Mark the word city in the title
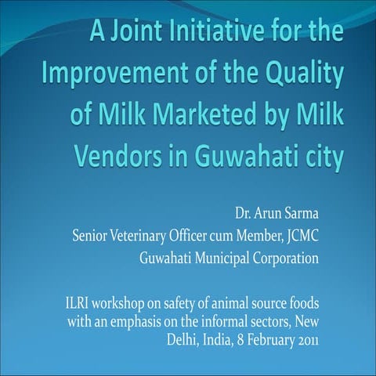coord(316,159)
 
